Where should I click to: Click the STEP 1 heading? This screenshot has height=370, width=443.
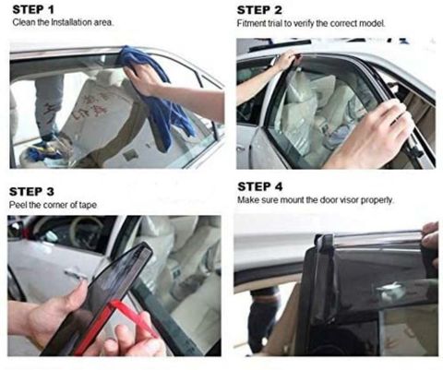tap(33, 9)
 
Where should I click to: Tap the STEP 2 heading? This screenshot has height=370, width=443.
tap(259, 10)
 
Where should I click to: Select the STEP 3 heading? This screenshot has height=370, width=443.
tap(31, 192)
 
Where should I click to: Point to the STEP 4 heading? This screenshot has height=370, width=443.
tap(260, 186)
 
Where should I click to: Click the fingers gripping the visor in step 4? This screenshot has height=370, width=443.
tap(431, 243)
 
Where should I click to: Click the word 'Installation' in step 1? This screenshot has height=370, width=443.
tap(69, 22)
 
